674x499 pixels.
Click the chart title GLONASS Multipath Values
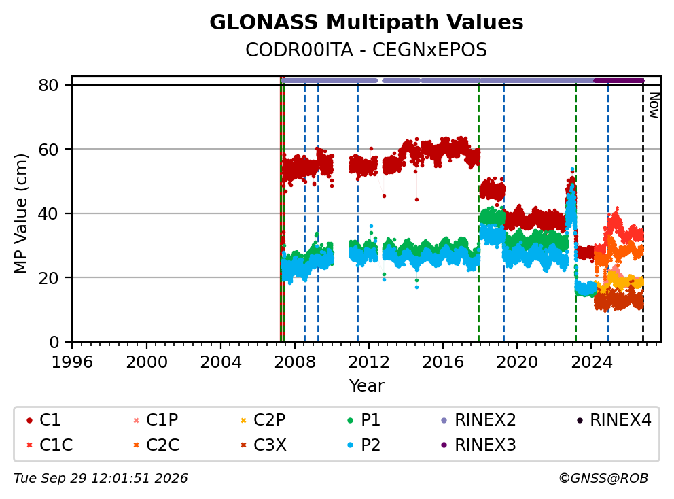366,22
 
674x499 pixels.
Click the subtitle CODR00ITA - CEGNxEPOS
366,50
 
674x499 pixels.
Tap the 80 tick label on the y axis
48,85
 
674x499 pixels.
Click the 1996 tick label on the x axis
72,362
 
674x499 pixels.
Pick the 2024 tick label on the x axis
591,362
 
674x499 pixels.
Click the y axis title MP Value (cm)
20,213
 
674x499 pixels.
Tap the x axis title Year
366,386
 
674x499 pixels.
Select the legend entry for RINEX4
614,420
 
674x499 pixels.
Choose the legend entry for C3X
264,445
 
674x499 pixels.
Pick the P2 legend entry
363,445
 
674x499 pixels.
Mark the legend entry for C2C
156,445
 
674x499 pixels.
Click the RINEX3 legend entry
479,445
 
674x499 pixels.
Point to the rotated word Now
654,105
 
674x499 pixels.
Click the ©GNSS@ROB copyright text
603,478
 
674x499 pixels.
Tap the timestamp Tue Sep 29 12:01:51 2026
101,478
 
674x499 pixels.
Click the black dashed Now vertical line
643,211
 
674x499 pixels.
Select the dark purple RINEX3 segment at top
618,80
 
